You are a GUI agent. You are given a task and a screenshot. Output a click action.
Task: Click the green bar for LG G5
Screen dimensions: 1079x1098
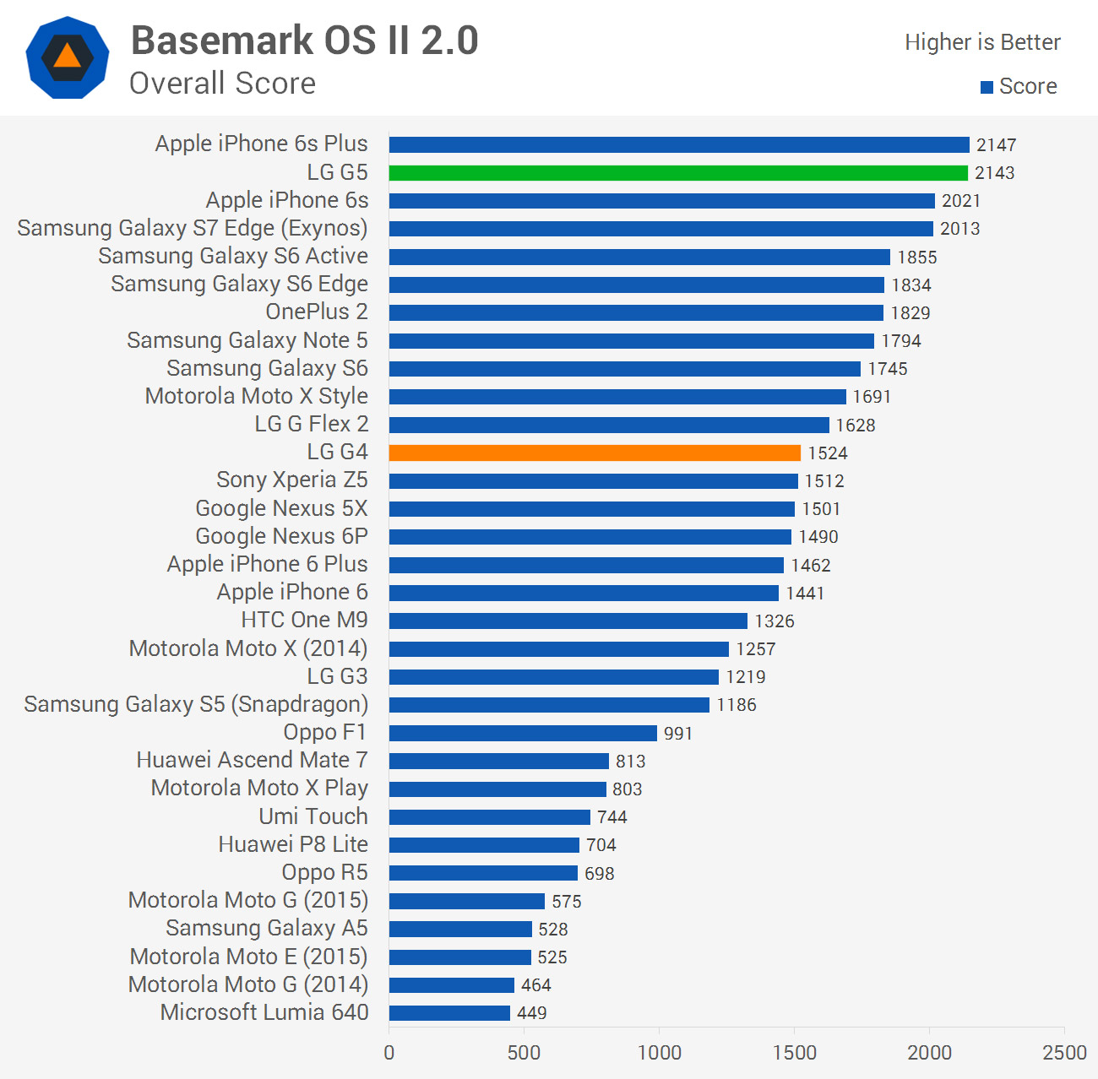[x=678, y=173]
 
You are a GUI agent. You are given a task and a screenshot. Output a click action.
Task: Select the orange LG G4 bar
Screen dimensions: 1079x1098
[x=595, y=453]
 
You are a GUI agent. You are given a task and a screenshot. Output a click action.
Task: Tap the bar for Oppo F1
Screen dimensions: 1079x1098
[x=523, y=733]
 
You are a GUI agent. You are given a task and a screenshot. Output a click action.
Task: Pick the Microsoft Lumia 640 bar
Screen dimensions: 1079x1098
[x=449, y=1013]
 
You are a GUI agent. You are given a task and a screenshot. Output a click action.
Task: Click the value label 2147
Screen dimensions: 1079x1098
[x=997, y=145]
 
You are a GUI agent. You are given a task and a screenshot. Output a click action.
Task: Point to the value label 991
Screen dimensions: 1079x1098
[x=678, y=734]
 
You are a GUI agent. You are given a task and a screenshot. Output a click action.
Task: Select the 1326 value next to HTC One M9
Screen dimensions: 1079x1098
[x=775, y=621]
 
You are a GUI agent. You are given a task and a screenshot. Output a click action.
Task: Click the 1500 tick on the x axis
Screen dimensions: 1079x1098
[x=795, y=1053]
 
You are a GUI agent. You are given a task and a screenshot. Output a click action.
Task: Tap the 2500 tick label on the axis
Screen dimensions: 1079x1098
[x=1064, y=1053]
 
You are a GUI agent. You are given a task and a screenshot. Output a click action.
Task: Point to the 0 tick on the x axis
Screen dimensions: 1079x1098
[x=389, y=1053]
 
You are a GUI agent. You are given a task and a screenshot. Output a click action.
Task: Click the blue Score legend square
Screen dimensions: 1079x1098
[x=987, y=87]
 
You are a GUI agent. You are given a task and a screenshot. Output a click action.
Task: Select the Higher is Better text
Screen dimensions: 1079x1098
[x=982, y=42]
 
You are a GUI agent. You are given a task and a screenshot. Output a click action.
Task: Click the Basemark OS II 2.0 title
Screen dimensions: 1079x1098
[x=305, y=41]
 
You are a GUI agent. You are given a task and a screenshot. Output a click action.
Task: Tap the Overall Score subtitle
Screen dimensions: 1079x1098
[x=223, y=84]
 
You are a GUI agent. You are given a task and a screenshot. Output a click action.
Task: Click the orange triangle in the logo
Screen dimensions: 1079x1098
[x=68, y=57]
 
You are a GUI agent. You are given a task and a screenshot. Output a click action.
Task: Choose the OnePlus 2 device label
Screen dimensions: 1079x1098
[x=317, y=312]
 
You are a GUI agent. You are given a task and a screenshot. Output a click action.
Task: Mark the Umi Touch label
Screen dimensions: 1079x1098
[x=313, y=816]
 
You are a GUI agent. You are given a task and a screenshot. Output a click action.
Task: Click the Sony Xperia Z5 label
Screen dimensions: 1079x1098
[x=292, y=480]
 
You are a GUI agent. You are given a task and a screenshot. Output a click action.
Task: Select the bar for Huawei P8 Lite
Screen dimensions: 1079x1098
[x=484, y=845]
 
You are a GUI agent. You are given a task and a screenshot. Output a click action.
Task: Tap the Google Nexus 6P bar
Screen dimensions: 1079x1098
[x=590, y=537]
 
